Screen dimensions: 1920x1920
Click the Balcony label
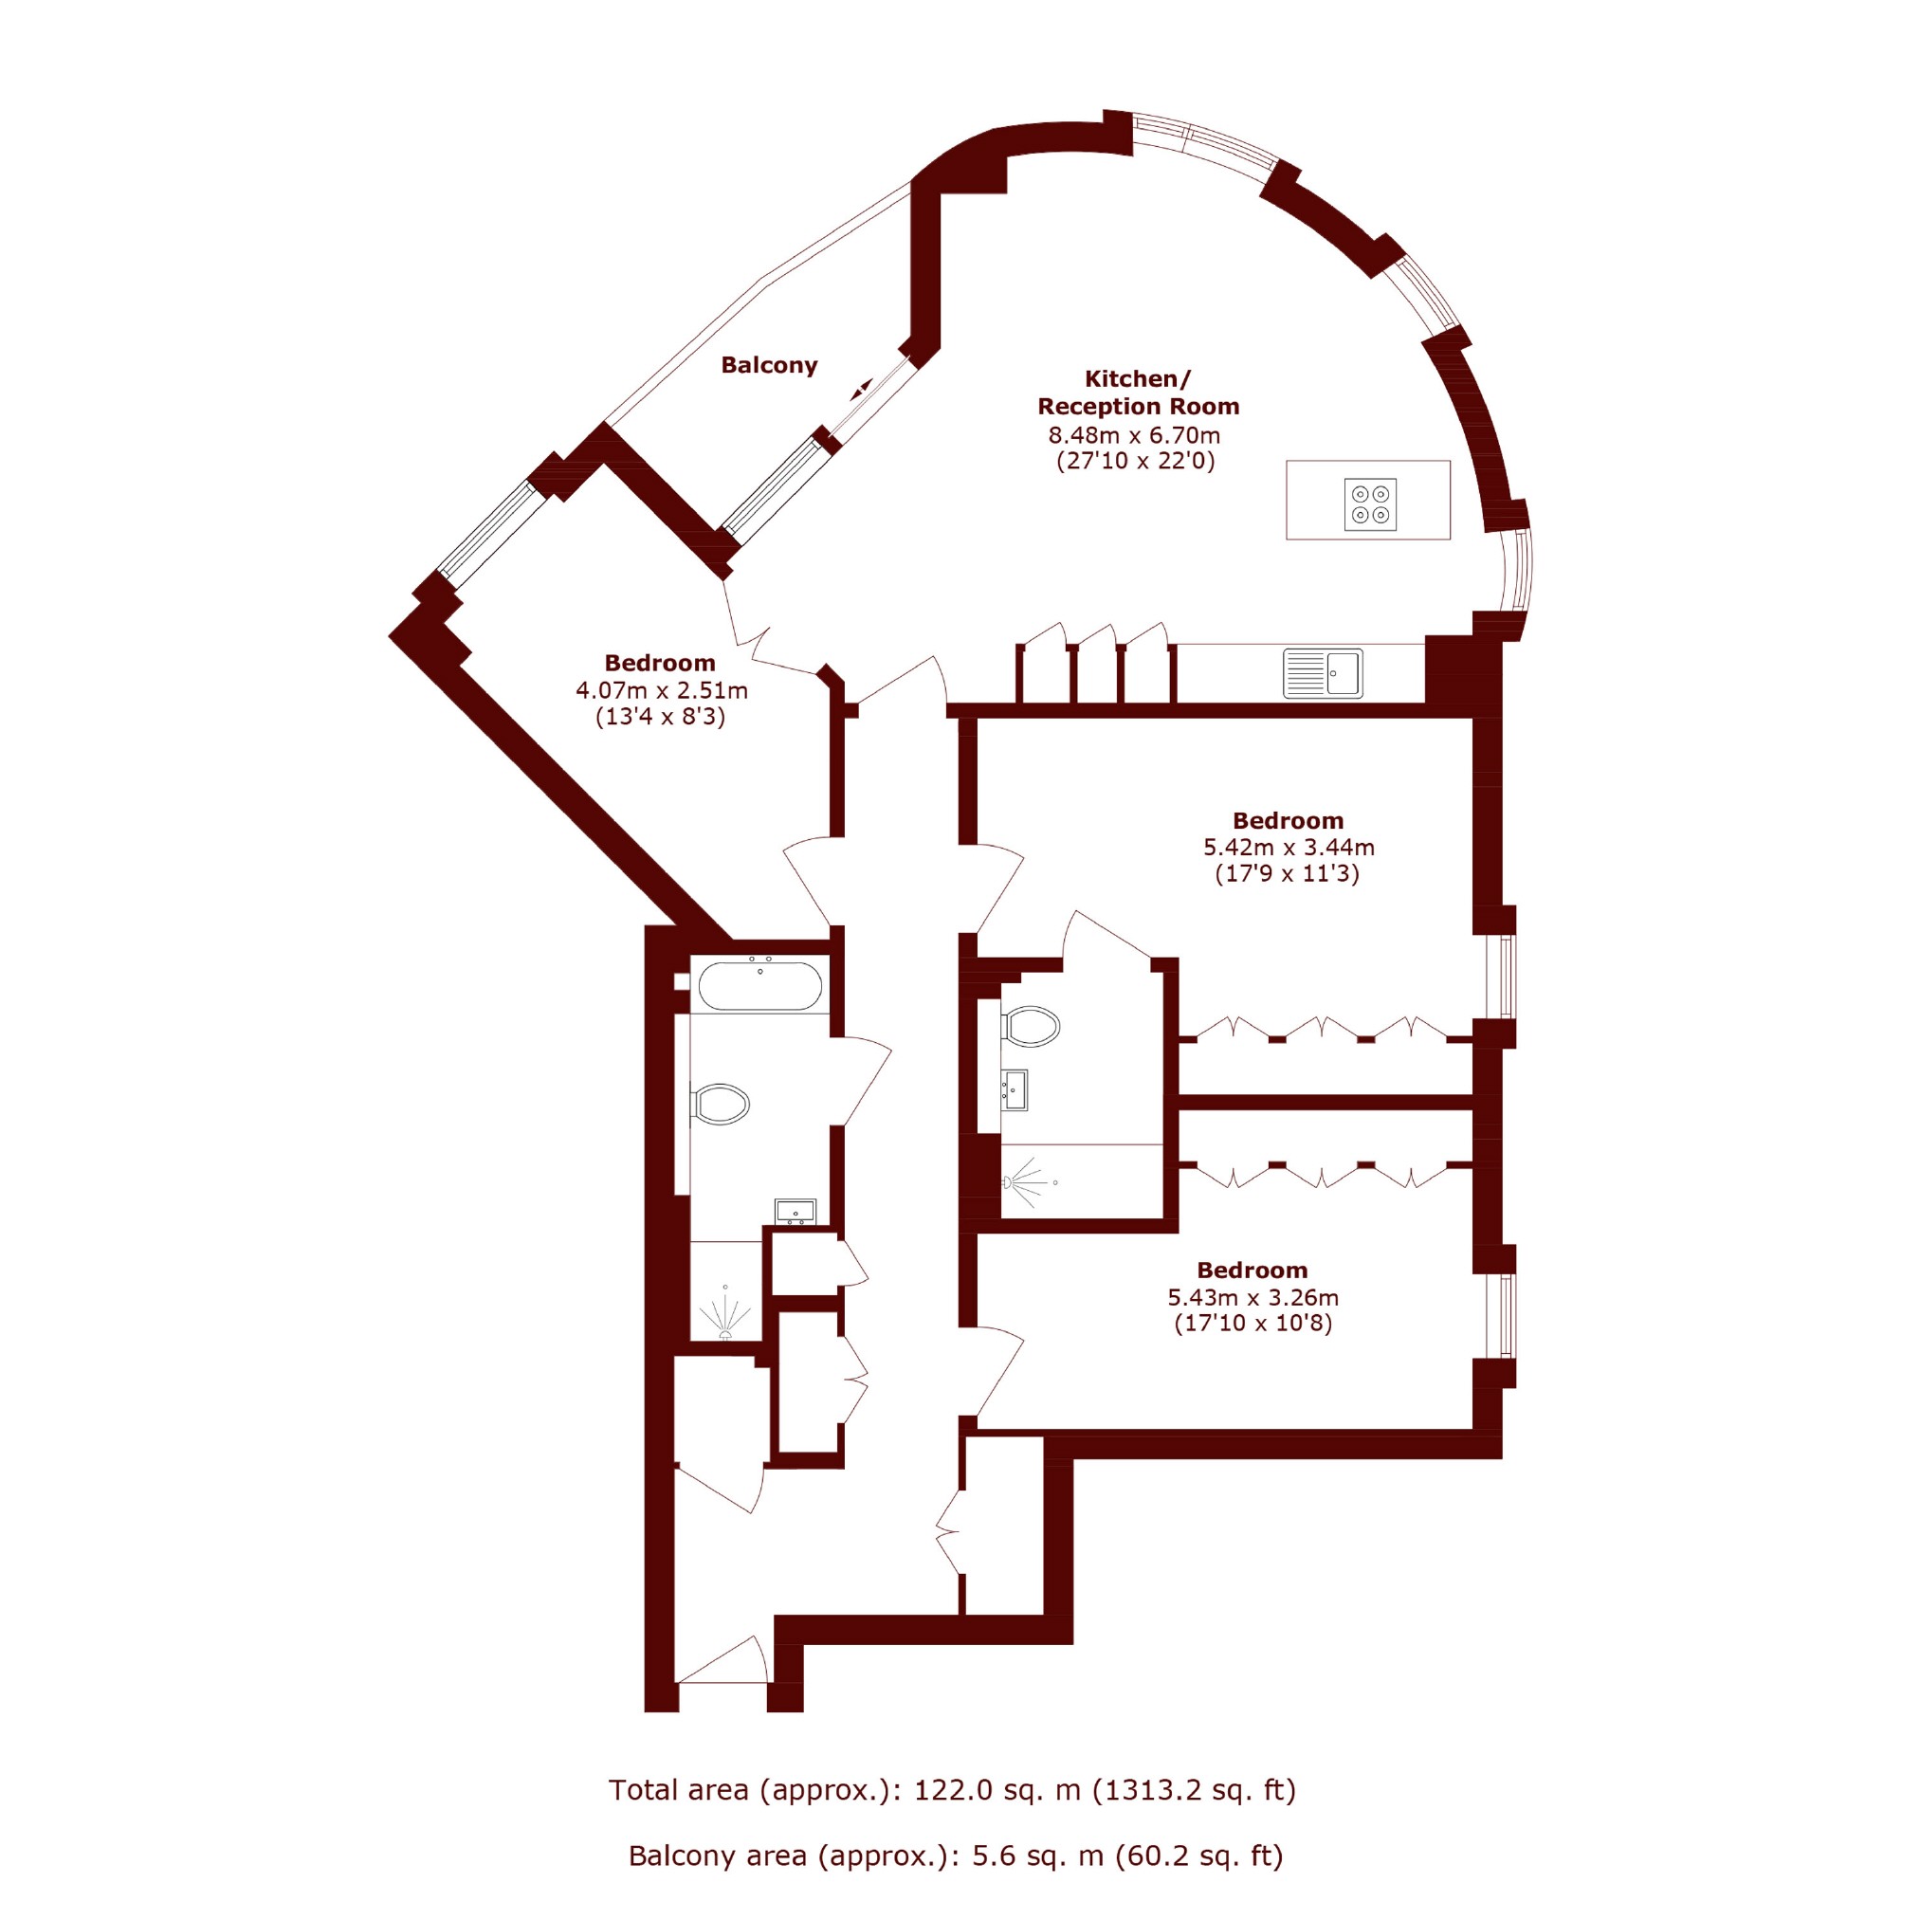769,366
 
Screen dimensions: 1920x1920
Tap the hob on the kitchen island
1370,503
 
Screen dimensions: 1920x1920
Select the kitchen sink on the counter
1323,673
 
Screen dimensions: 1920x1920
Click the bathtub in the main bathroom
759,987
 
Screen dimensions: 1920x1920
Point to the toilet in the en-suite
1031,1027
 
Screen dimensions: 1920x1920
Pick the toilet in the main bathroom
720,1104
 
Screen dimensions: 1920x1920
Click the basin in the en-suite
1015,1090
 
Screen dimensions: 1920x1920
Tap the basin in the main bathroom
795,1212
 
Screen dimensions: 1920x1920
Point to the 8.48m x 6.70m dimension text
1134,435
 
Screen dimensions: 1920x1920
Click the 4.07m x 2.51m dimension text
662,689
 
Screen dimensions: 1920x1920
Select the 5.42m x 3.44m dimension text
1289,848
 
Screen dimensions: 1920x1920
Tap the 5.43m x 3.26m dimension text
1253,1297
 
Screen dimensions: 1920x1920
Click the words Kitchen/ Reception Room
1139,393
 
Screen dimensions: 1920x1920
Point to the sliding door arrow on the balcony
861,390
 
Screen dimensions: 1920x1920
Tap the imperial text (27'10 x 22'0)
1135,461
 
